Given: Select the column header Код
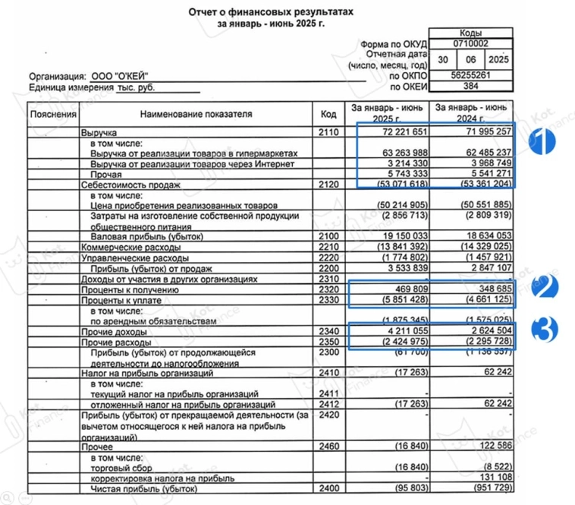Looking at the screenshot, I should coord(328,114).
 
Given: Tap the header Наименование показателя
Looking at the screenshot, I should coord(196,114).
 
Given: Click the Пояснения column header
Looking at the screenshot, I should coord(53,114).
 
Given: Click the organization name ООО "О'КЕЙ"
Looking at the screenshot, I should coord(120,76).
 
